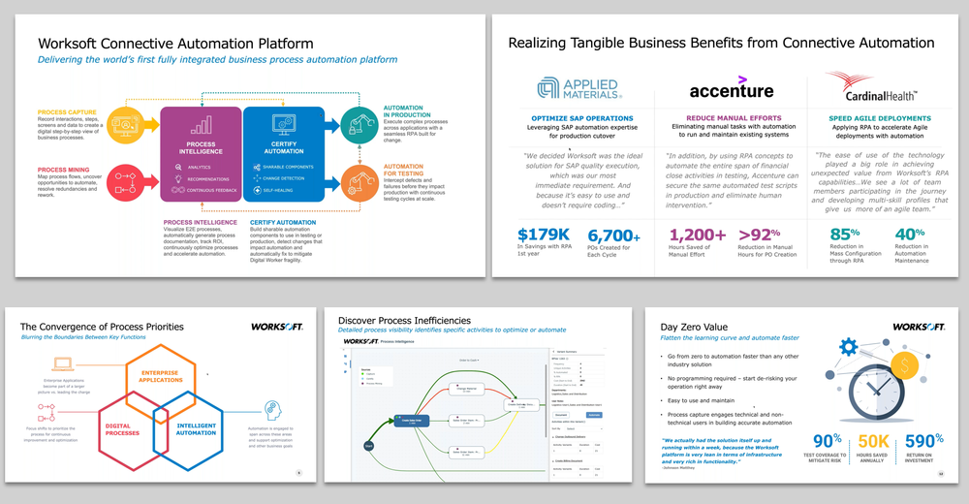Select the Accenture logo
click(732, 89)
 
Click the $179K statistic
click(545, 236)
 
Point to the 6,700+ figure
click(613, 236)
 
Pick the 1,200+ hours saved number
click(697, 236)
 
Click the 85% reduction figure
click(846, 236)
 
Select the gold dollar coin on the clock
click(908, 367)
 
